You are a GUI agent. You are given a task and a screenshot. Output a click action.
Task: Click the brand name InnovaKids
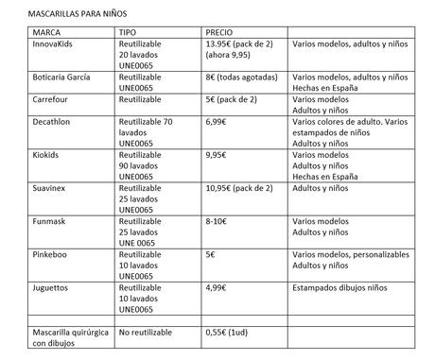coord(31,43)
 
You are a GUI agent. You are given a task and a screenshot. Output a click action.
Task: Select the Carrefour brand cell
coord(28,98)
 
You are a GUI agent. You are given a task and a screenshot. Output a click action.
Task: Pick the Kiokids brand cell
coord(25,154)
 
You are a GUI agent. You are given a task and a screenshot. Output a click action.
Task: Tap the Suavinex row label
coord(27,187)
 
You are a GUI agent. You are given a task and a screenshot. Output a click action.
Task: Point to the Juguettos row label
coord(28,286)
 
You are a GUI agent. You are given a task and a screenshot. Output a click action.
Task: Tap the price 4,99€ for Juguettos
coord(218,286)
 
